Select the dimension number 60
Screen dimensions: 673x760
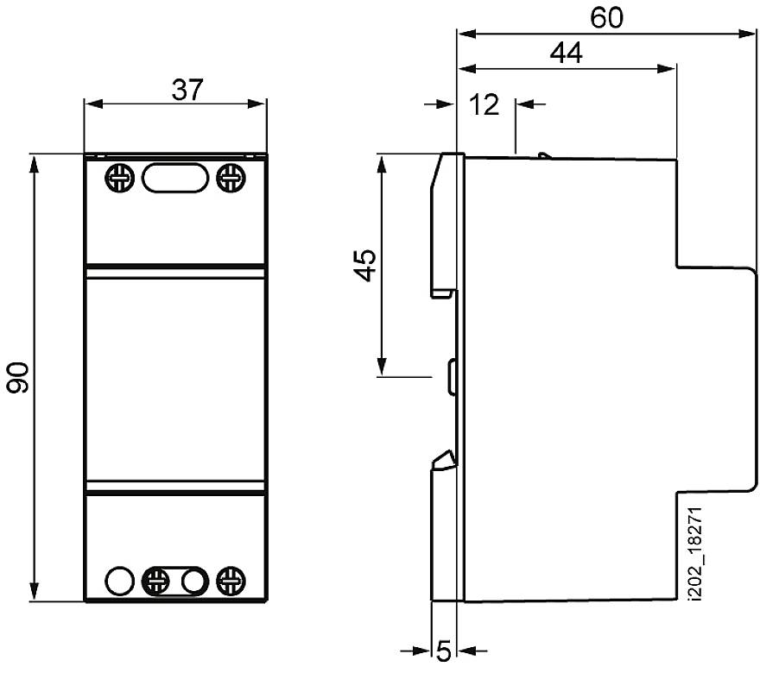click(x=607, y=18)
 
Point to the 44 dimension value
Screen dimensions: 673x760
click(x=566, y=53)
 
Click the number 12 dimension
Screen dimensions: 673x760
click(x=486, y=104)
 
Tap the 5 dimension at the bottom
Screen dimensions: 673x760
click(x=443, y=651)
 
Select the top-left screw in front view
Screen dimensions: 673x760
click(x=118, y=179)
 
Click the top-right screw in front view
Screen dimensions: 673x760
click(x=230, y=179)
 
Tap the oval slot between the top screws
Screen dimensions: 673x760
click(x=174, y=179)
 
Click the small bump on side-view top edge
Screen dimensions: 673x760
click(x=541, y=156)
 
